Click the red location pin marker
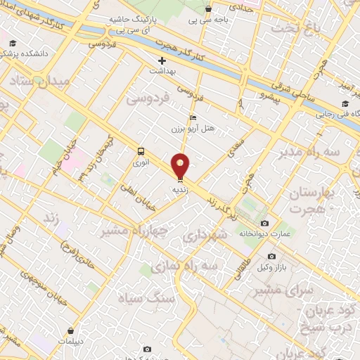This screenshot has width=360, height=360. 181,166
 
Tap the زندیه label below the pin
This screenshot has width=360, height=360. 181,189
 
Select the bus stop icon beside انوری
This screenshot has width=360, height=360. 141,151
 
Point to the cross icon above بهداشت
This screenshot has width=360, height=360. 162,61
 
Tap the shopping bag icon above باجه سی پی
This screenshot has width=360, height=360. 208,9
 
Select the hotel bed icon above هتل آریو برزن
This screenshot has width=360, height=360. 193,118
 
